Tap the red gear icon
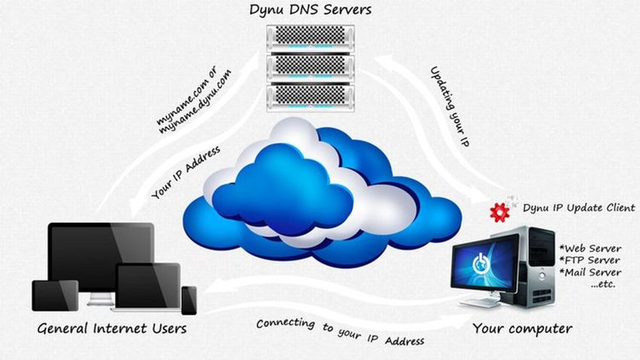coord(498,212)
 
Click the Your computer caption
coord(522,328)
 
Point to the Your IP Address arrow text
coord(185,173)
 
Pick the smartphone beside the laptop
coord(188,299)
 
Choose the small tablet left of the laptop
coord(55,294)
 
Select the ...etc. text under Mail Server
coord(602,285)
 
